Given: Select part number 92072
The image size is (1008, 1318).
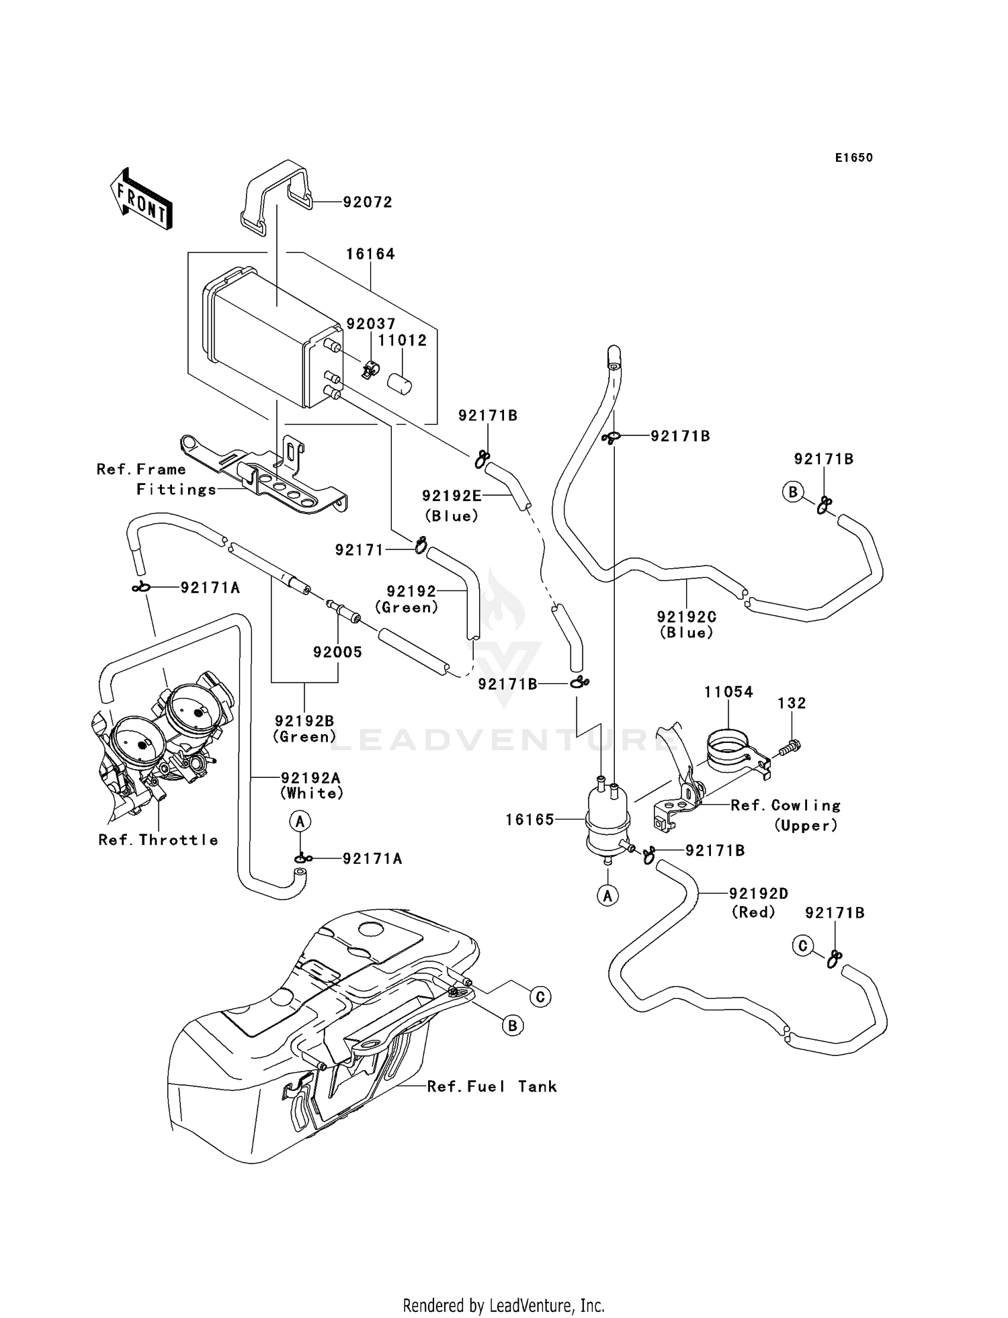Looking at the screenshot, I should click(368, 202).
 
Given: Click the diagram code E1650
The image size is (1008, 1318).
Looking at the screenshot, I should click(853, 158).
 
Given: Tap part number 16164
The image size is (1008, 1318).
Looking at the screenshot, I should click(370, 254).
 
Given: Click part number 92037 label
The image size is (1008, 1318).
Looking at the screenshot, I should click(370, 324).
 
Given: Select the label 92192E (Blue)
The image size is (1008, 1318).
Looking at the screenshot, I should click(452, 505).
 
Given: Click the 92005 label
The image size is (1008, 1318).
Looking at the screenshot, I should click(337, 652).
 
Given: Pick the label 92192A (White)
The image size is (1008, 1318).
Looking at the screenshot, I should click(311, 785).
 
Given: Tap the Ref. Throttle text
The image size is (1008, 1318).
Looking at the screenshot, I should click(158, 840).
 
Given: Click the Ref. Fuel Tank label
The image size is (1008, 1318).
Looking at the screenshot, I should click(492, 1086).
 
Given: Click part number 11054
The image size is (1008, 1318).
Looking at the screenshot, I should click(728, 691).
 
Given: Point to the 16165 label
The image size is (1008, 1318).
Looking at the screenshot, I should click(530, 820).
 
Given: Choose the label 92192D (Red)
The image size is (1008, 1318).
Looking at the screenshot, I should click(758, 902).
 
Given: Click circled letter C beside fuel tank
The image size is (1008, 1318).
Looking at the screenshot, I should click(540, 996).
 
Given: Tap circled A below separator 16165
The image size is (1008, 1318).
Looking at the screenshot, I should click(608, 895).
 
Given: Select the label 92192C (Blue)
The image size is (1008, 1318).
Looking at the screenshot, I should click(687, 624).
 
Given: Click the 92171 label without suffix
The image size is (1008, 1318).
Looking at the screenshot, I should click(358, 550).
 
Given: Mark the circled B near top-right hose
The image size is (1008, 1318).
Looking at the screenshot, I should click(793, 492).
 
